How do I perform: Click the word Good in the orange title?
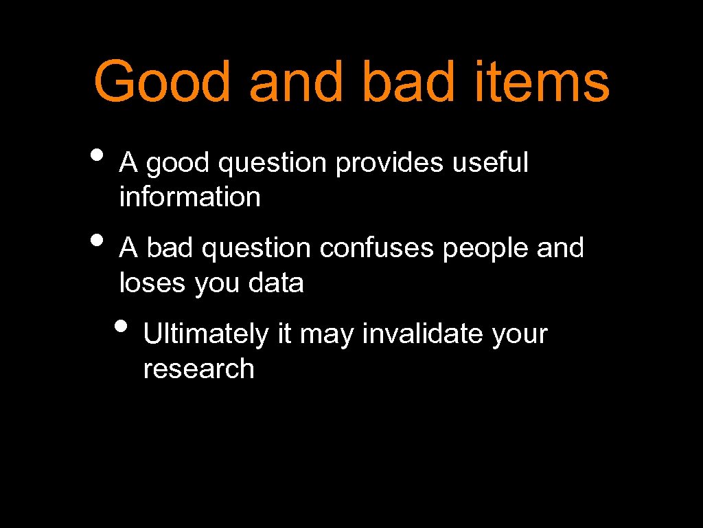pyautogui.click(x=162, y=81)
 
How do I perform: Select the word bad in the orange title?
pyautogui.click(x=406, y=81)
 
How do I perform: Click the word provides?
pyautogui.click(x=389, y=164)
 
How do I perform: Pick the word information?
pyautogui.click(x=190, y=197)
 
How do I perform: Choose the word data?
pyautogui.click(x=276, y=283)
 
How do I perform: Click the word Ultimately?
pyautogui.click(x=206, y=335)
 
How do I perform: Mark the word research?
pyautogui.click(x=198, y=369)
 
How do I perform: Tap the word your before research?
pyautogui.click(x=520, y=335)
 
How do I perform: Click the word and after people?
pyautogui.click(x=560, y=248)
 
